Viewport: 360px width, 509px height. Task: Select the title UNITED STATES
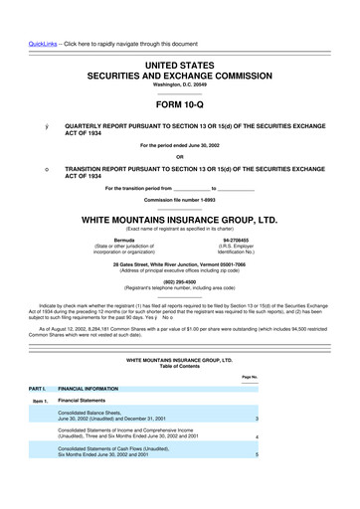click(x=179, y=63)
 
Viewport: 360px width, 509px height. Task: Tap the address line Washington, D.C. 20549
click(x=179, y=85)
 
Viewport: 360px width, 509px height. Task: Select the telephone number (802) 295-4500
click(x=179, y=253)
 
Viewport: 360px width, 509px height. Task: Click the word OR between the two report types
click(x=179, y=153)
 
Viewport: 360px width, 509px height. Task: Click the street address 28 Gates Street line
click(x=179, y=236)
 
